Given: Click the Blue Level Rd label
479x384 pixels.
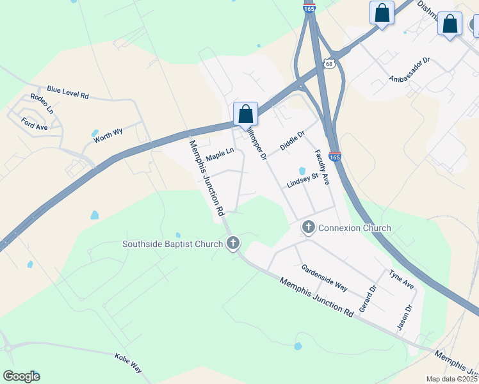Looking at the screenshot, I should [67, 93].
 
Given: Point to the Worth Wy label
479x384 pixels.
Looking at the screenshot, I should [108, 135].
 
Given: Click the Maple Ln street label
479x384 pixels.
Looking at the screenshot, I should [220, 156].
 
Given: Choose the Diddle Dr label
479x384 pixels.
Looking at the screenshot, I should [292, 141].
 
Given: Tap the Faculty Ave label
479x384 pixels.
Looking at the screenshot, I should [321, 168].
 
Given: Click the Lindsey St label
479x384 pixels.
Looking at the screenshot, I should [302, 180].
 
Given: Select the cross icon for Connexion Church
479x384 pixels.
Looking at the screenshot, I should [309, 227].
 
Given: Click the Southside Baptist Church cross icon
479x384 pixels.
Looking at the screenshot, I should [232, 243].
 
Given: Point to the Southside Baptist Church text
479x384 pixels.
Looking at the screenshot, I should [172, 244].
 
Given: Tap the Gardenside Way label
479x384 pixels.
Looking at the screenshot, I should [324, 278].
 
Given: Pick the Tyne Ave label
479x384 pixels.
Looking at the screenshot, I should [402, 279].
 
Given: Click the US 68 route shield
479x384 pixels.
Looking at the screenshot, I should [329, 63].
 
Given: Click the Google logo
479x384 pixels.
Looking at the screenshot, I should [21, 376].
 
